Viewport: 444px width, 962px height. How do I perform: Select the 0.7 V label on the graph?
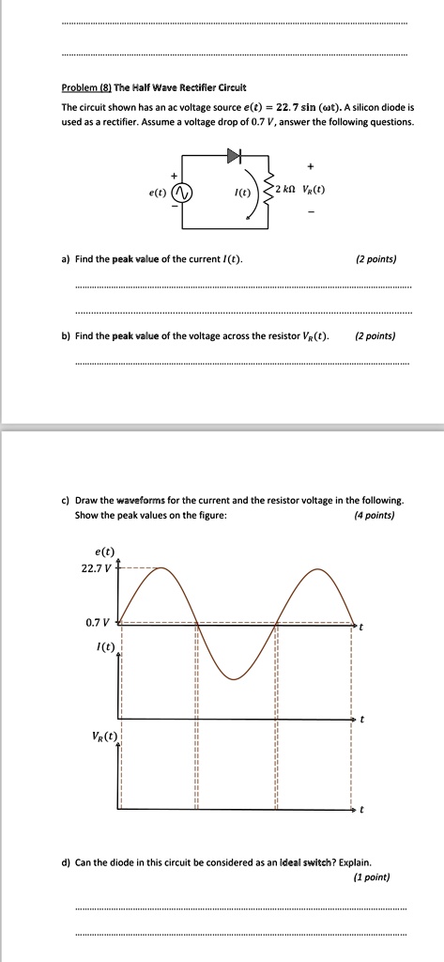pyautogui.click(x=99, y=623)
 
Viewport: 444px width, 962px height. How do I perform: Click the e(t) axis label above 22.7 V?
pyautogui.click(x=105, y=551)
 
